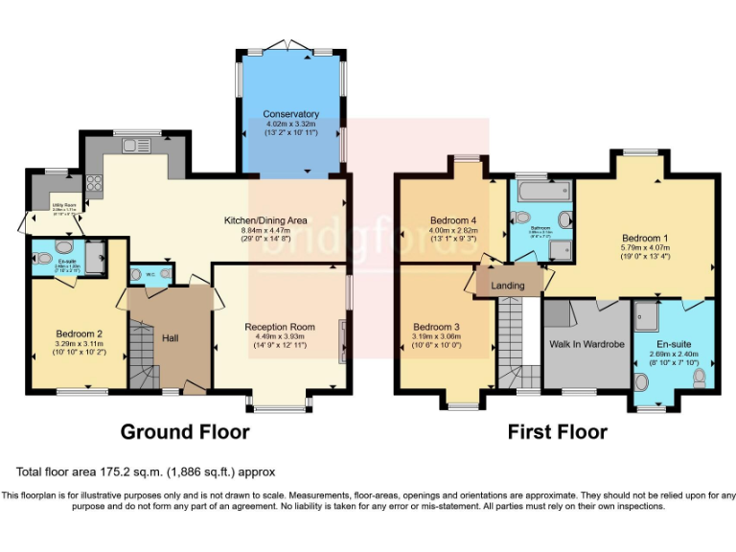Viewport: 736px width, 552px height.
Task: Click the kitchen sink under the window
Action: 138,147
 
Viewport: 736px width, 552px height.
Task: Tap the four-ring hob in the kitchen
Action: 96,182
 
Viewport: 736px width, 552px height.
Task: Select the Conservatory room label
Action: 290,114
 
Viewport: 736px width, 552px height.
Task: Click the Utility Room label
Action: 52,205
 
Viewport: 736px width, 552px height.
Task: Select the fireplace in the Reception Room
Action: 341,337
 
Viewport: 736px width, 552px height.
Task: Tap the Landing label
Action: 508,285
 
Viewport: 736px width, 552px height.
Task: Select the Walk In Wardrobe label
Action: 586,343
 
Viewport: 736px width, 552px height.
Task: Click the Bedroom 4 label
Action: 453,219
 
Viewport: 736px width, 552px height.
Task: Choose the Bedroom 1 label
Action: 645,238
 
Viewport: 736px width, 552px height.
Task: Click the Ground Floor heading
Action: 185,432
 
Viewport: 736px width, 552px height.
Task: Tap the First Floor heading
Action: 557,432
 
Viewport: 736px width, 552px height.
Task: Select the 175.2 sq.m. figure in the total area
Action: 128,471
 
